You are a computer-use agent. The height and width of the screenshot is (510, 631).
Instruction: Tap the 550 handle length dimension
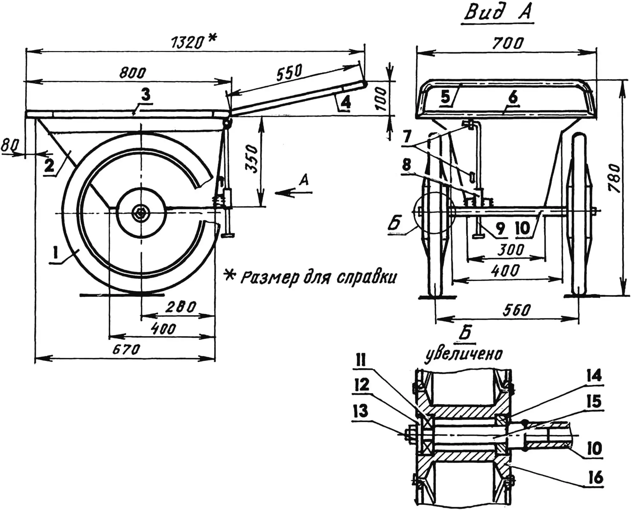[x=289, y=72]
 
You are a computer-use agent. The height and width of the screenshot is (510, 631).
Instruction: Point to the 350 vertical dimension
[x=252, y=159]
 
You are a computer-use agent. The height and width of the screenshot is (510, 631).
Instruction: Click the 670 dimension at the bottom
[x=126, y=350]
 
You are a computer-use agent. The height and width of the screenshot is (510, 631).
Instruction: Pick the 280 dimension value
[x=181, y=307]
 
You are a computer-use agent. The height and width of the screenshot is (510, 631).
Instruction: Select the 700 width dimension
[x=508, y=43]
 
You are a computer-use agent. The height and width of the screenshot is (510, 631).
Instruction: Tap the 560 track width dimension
[x=516, y=310]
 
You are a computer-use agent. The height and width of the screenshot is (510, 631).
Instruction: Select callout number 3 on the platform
[x=145, y=95]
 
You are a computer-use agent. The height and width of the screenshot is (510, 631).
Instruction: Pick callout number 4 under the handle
[x=345, y=102]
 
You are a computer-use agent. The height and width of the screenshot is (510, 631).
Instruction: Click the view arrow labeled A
[x=293, y=192]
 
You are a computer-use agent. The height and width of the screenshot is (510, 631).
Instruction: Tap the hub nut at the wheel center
[x=141, y=213]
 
